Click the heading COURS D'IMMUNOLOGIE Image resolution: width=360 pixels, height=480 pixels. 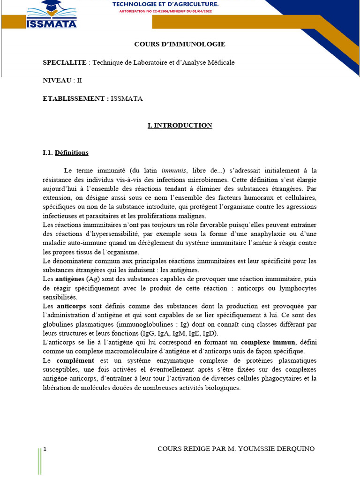180,44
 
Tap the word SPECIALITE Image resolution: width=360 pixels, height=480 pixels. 65,62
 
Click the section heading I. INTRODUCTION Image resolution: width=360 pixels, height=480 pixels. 180,125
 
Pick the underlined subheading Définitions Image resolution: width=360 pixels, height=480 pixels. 72,153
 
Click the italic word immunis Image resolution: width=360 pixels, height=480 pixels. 173,171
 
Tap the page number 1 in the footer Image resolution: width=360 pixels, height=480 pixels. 45,449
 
